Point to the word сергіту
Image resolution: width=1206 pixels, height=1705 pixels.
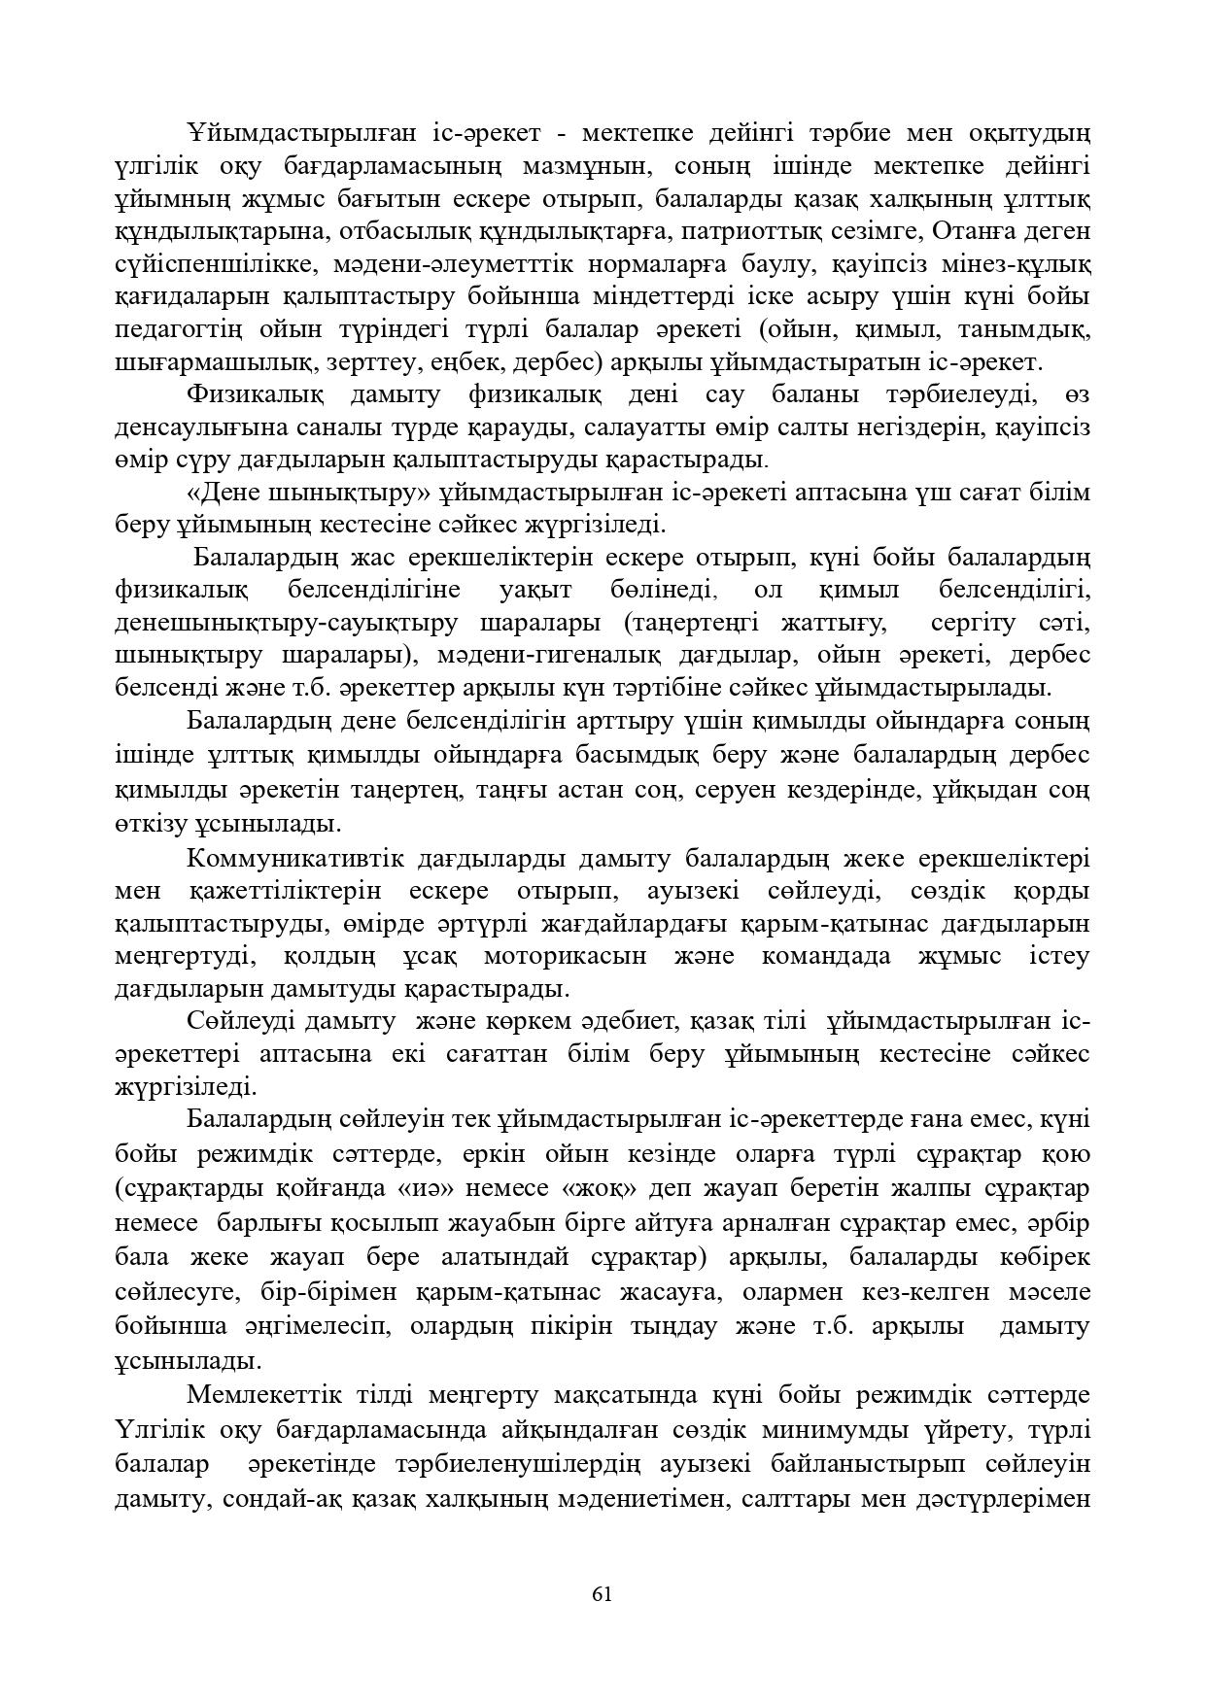[973, 623]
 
